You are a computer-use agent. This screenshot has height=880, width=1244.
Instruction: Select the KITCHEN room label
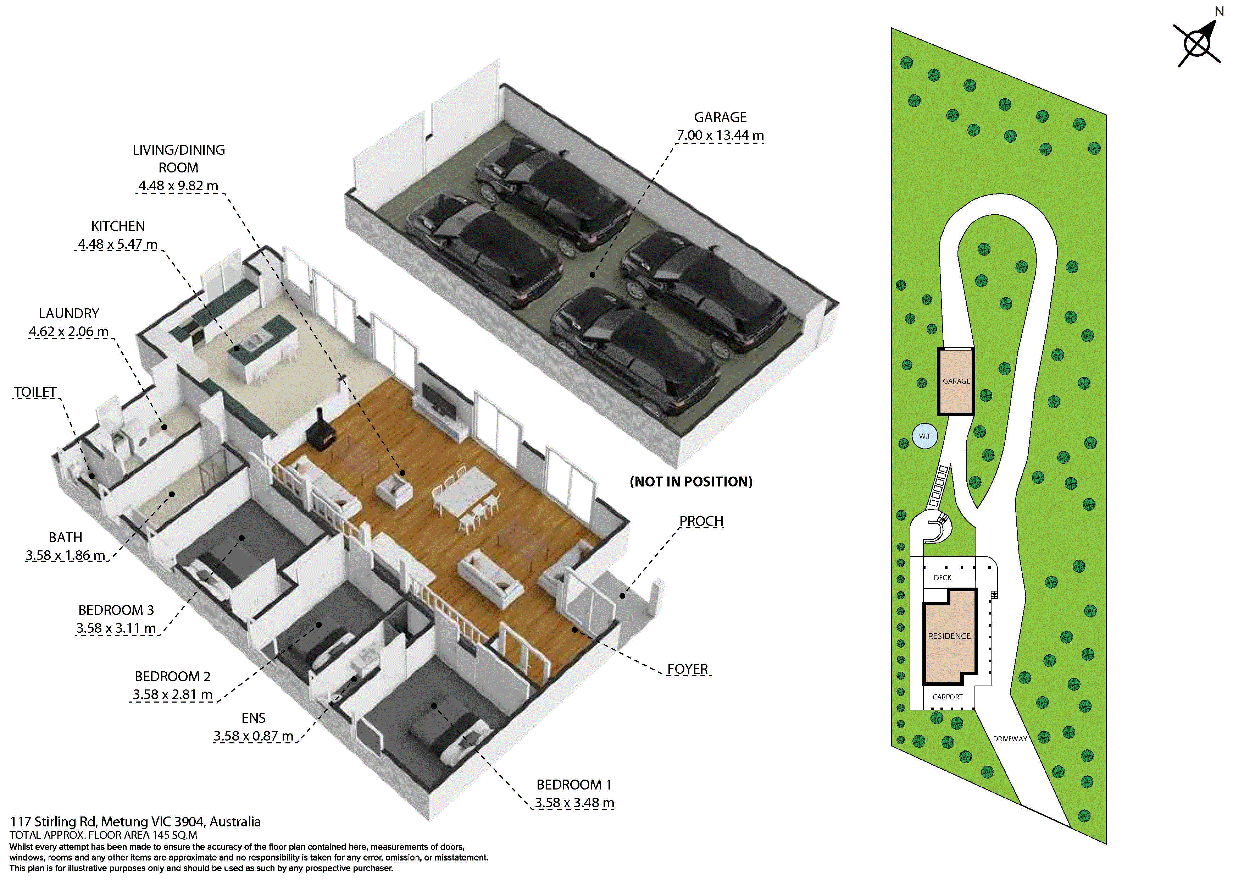pyautogui.click(x=118, y=226)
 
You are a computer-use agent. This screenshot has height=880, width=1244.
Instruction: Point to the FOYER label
pyautogui.click(x=688, y=669)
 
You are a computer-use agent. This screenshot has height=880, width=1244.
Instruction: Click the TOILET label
pyautogui.click(x=35, y=392)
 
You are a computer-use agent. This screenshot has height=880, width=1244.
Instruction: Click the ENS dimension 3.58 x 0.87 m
pyautogui.click(x=253, y=736)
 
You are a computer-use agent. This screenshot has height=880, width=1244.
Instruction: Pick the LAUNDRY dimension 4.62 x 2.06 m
pyautogui.click(x=69, y=332)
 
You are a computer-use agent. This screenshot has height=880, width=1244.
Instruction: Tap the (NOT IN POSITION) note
pyautogui.click(x=692, y=482)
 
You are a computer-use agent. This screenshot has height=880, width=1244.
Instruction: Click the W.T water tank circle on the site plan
pyautogui.click(x=925, y=436)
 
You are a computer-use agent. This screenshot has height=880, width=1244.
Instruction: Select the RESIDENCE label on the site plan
pyautogui.click(x=949, y=636)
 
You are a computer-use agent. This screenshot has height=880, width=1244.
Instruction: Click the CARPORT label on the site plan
pyautogui.click(x=948, y=697)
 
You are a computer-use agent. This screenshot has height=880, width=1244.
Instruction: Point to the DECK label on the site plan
pyautogui.click(x=943, y=577)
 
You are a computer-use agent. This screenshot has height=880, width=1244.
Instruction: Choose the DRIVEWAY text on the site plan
pyautogui.click(x=1010, y=738)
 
